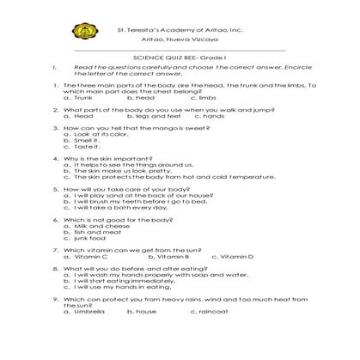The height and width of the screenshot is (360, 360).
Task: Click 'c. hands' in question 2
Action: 214,116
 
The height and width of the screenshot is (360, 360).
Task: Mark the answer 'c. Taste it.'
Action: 84,147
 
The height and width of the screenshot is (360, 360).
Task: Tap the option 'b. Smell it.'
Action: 86,141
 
